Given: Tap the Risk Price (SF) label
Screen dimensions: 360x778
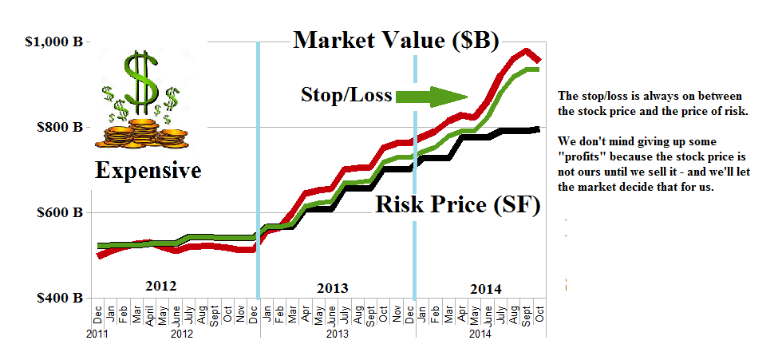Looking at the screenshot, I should (457, 205).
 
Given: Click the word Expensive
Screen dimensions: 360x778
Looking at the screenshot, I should (148, 170).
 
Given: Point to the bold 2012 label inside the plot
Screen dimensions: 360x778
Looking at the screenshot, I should (160, 285).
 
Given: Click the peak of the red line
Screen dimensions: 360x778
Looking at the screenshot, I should (526, 52).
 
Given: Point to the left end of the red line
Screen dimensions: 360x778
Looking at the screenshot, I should (98, 255).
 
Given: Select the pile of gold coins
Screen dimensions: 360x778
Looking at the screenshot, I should (142, 132).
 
